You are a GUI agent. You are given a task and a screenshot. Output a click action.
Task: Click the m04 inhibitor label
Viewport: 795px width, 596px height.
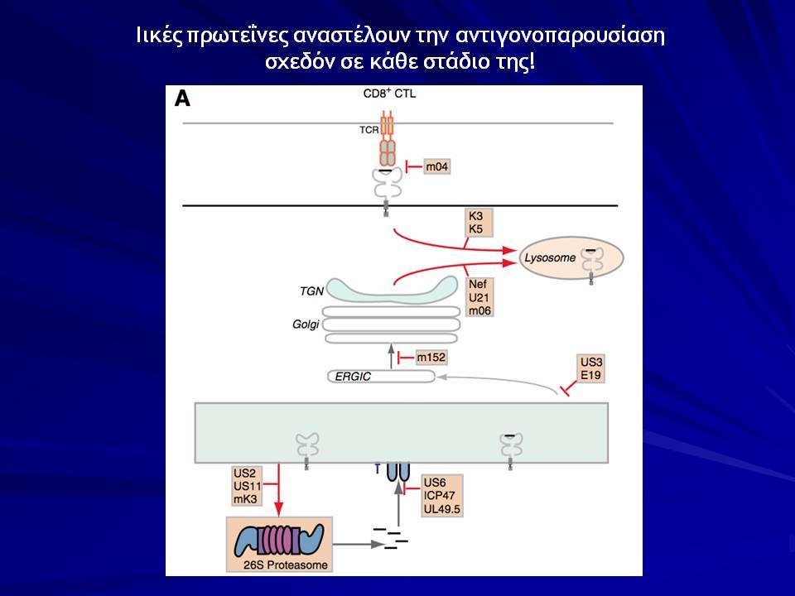[436, 166]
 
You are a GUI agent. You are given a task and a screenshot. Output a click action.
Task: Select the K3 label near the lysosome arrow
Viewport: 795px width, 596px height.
[475, 216]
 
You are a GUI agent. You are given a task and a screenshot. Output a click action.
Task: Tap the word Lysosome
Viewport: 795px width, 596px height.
[550, 258]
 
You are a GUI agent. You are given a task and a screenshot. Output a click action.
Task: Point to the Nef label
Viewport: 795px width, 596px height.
[478, 285]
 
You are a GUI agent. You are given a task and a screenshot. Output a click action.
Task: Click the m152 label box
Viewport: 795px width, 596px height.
[431, 358]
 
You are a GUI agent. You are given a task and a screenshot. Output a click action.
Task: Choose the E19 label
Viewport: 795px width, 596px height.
[590, 375]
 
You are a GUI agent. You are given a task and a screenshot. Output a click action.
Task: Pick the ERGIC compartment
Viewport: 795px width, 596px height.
[381, 377]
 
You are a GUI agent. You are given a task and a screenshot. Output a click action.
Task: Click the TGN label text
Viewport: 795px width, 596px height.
[312, 291]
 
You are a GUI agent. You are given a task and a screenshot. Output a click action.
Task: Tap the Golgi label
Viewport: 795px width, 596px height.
[306, 324]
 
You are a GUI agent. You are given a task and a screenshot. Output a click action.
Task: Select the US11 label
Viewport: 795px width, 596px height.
[247, 487]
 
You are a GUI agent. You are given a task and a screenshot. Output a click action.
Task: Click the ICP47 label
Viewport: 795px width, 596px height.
[439, 496]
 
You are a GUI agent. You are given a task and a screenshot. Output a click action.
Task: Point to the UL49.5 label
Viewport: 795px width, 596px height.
[441, 509]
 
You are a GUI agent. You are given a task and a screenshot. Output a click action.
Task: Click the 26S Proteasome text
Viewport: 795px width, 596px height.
[286, 565]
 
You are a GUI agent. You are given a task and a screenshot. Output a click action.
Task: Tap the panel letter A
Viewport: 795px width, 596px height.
[182, 99]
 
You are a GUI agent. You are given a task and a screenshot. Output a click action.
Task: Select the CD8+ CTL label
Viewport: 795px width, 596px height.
[389, 94]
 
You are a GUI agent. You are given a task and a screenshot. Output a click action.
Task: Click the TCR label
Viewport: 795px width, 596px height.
[369, 130]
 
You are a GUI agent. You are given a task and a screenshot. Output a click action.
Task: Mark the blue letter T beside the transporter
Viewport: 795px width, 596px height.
[378, 469]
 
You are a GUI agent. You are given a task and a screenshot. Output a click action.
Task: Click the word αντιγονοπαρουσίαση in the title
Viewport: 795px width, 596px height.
[560, 36]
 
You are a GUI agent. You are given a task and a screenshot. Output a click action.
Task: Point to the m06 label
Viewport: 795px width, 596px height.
[479, 310]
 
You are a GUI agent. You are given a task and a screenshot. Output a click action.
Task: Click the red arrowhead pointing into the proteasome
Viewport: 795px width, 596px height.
[278, 509]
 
